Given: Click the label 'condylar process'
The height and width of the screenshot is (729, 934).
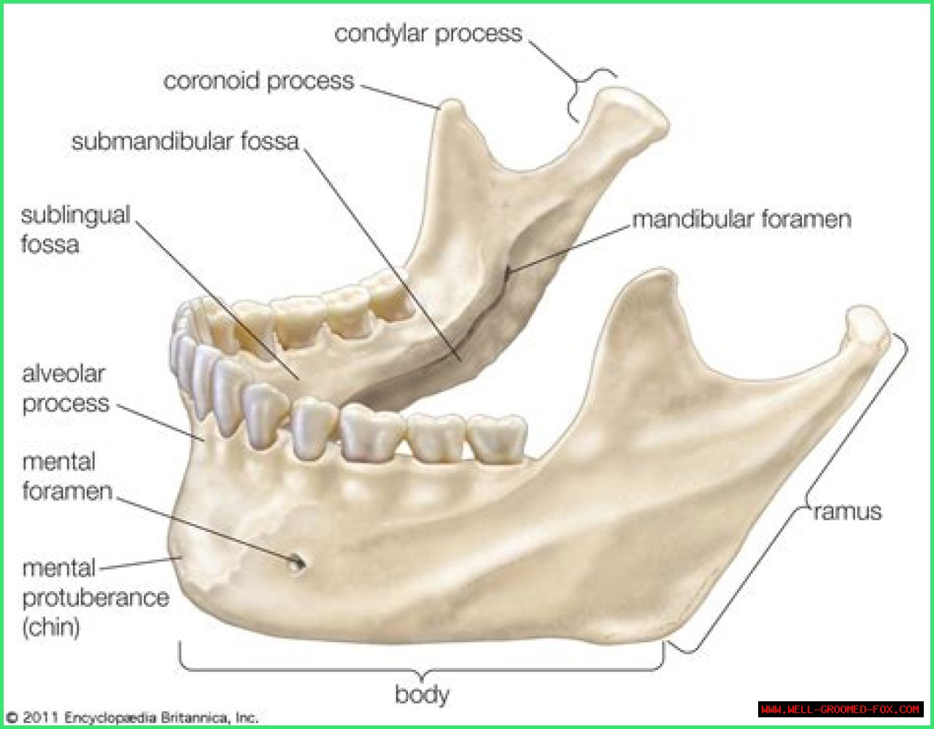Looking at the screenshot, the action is pos(428,34).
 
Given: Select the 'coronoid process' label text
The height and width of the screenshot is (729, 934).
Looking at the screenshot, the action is pos(259,80).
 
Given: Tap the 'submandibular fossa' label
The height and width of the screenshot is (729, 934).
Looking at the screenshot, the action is pos(185,142).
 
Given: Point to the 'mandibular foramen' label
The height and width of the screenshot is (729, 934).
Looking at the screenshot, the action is pos(741,219).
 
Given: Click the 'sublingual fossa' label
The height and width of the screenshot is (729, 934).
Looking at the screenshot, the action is pos(75,230).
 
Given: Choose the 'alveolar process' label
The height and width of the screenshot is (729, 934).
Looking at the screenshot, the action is pos(66,388).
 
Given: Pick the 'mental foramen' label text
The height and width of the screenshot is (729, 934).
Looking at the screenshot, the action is pos(67,477).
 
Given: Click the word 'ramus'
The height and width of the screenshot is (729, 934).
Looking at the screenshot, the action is pos(847,512).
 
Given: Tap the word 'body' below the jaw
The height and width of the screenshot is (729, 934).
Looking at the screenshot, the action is pos(422,694).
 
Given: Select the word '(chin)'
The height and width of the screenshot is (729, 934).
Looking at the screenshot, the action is pos(51,627).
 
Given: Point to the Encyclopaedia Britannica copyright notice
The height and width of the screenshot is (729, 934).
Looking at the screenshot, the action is pos(133,717).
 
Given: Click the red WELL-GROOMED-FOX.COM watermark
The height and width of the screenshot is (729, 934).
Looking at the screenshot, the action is pos(841,709).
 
